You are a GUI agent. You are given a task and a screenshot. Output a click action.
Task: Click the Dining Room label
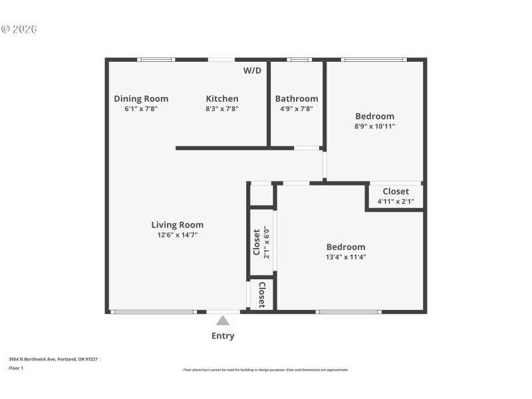tap(141, 98)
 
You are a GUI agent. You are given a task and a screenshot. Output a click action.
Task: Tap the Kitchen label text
tap(221, 98)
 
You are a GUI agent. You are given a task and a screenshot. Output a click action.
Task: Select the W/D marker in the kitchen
tap(252, 70)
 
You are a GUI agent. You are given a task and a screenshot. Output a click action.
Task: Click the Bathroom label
tap(297, 98)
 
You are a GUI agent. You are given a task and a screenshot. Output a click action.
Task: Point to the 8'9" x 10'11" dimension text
tap(374, 126)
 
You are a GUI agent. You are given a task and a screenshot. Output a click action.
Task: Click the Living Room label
tap(177, 225)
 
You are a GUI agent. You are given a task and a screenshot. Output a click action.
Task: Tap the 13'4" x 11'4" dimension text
tap(346, 257)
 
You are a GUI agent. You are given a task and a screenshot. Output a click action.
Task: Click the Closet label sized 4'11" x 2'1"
tap(396, 192)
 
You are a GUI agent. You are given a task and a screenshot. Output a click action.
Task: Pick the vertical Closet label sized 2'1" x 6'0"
tap(256, 242)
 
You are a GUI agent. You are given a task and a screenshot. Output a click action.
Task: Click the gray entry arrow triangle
tap(223, 321)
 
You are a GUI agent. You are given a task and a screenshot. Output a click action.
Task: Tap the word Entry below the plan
tap(223, 336)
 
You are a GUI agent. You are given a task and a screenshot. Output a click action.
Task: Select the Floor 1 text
tap(15, 368)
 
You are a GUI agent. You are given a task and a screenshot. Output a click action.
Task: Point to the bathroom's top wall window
tap(299, 60)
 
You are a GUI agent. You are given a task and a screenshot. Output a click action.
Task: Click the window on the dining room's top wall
tap(156, 60)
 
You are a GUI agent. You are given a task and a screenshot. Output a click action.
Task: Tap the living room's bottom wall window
tap(153, 311)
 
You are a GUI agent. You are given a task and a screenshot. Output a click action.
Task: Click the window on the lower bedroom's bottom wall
tap(348, 311)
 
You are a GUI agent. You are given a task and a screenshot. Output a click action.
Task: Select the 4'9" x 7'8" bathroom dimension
tap(297, 108)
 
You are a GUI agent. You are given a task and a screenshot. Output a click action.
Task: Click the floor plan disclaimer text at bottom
tap(265, 370)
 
